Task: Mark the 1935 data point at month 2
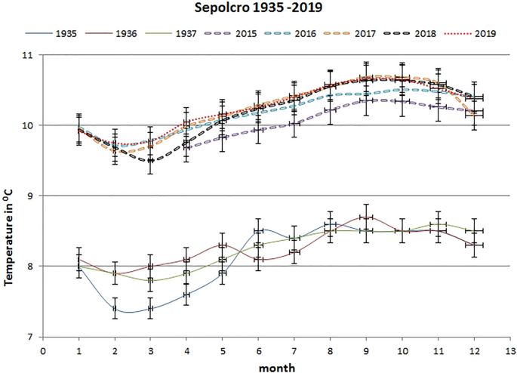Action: click(115, 308)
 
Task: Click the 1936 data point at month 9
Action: click(366, 217)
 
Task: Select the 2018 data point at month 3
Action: click(150, 161)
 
